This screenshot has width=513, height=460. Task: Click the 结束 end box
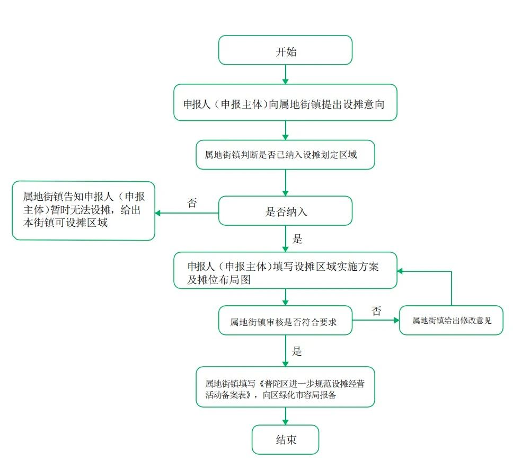(x=285, y=439)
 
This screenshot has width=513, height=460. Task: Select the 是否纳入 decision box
(x=285, y=211)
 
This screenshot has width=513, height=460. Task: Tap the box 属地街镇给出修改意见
(x=451, y=320)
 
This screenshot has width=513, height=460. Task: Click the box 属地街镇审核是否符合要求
(x=285, y=320)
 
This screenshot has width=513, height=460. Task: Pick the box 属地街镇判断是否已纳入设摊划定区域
(x=285, y=155)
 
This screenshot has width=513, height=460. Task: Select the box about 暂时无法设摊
(x=84, y=210)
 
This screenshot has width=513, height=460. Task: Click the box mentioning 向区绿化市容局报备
(x=285, y=387)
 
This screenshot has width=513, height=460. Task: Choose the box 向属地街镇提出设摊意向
(x=285, y=102)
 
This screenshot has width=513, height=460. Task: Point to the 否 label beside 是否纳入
(x=192, y=203)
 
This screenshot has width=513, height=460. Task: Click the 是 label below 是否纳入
(x=297, y=238)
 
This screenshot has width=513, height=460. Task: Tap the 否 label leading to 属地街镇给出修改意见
(x=376, y=311)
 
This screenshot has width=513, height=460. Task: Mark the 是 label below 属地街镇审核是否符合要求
(x=297, y=351)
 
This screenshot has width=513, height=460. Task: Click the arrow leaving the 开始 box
(x=286, y=74)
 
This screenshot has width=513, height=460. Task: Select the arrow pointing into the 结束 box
(x=286, y=416)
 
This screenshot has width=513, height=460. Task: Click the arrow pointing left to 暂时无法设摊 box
(x=185, y=213)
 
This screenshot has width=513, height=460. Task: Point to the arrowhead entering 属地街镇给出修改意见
(x=395, y=320)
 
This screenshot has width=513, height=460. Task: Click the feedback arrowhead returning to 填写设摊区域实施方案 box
(x=401, y=271)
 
